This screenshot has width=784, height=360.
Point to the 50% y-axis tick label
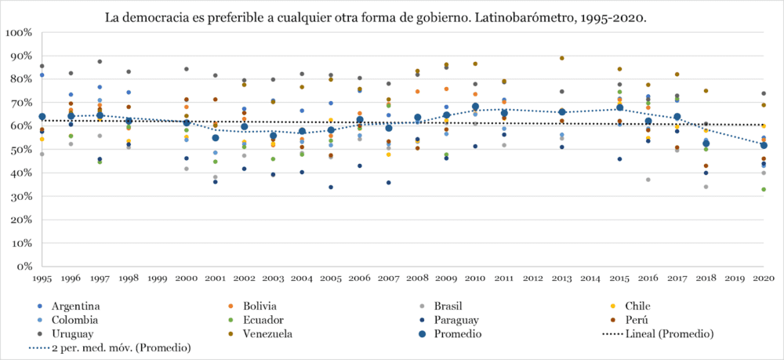pos(20,150)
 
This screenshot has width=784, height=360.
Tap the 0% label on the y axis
pos(24,267)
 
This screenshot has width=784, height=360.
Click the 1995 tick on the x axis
pos(42,278)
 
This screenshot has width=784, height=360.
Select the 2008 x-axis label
pos(418,278)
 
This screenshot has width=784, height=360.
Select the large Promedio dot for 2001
pos(216,138)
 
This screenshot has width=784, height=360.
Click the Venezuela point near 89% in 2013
pos(561,58)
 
